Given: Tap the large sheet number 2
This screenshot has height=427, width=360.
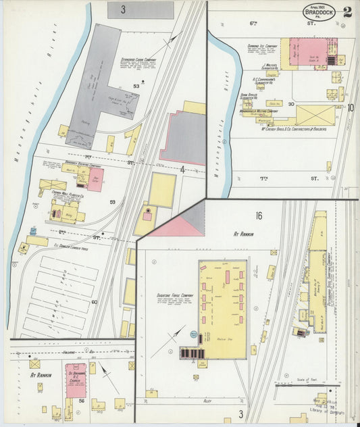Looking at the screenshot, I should [x=346, y=12].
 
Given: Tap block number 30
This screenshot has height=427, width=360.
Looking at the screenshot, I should [x=291, y=104].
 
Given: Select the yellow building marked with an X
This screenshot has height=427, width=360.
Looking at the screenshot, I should [x=315, y=114].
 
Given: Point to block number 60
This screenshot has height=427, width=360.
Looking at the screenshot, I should [x=94, y=301].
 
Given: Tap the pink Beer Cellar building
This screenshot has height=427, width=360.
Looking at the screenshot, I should [x=95, y=179].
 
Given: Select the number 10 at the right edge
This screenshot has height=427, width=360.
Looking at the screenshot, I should [x=351, y=107].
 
